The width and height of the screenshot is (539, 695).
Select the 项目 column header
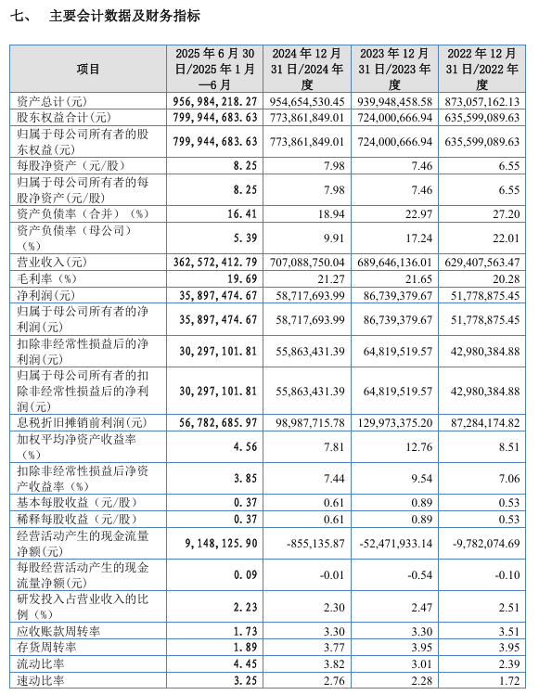coord(89,69)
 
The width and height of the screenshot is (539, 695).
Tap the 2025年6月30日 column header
coord(213,69)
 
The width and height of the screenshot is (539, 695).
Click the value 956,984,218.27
coord(213,100)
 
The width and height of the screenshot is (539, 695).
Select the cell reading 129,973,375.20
coord(390,422)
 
